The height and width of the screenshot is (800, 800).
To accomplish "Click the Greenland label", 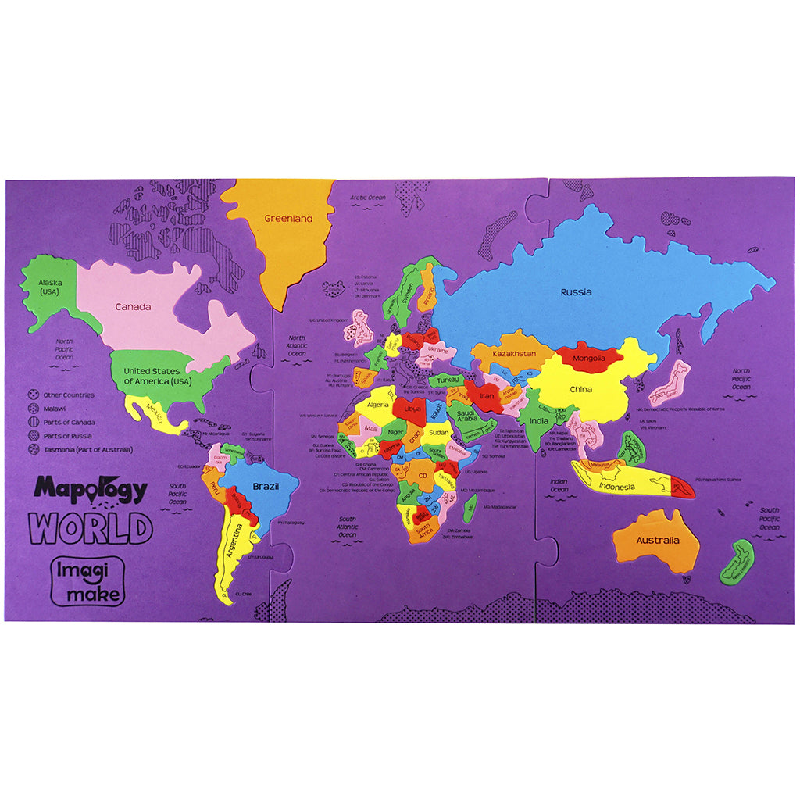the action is (288, 219).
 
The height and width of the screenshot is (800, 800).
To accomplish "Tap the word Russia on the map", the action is (576, 292).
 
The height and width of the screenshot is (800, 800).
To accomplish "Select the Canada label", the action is (134, 306).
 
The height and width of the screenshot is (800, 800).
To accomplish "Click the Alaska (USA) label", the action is (52, 287).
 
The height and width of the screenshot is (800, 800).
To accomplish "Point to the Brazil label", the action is (266, 486).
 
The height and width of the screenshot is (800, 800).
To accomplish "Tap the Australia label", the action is (657, 540).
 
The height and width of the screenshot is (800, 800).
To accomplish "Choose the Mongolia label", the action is (589, 359).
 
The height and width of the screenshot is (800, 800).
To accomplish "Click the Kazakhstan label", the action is (514, 354).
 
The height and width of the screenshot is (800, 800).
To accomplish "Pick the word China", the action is (580, 389).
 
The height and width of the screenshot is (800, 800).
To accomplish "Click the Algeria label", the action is (378, 404).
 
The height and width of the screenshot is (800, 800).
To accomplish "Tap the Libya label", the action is (412, 409).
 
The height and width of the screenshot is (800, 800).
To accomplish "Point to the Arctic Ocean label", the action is (368, 198).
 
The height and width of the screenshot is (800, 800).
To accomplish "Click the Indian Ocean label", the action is (559, 486).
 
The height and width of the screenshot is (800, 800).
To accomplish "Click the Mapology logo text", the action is (91, 491).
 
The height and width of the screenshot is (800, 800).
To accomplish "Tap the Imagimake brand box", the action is (87, 581).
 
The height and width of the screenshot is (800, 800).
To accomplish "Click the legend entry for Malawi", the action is (55, 408).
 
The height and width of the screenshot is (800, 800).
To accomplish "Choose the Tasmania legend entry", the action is (77, 449).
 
